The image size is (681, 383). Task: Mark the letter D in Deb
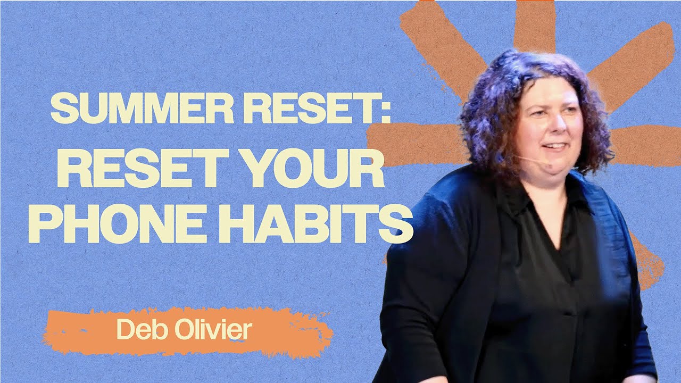(123, 330)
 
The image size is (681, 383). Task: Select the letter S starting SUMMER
(62, 110)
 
